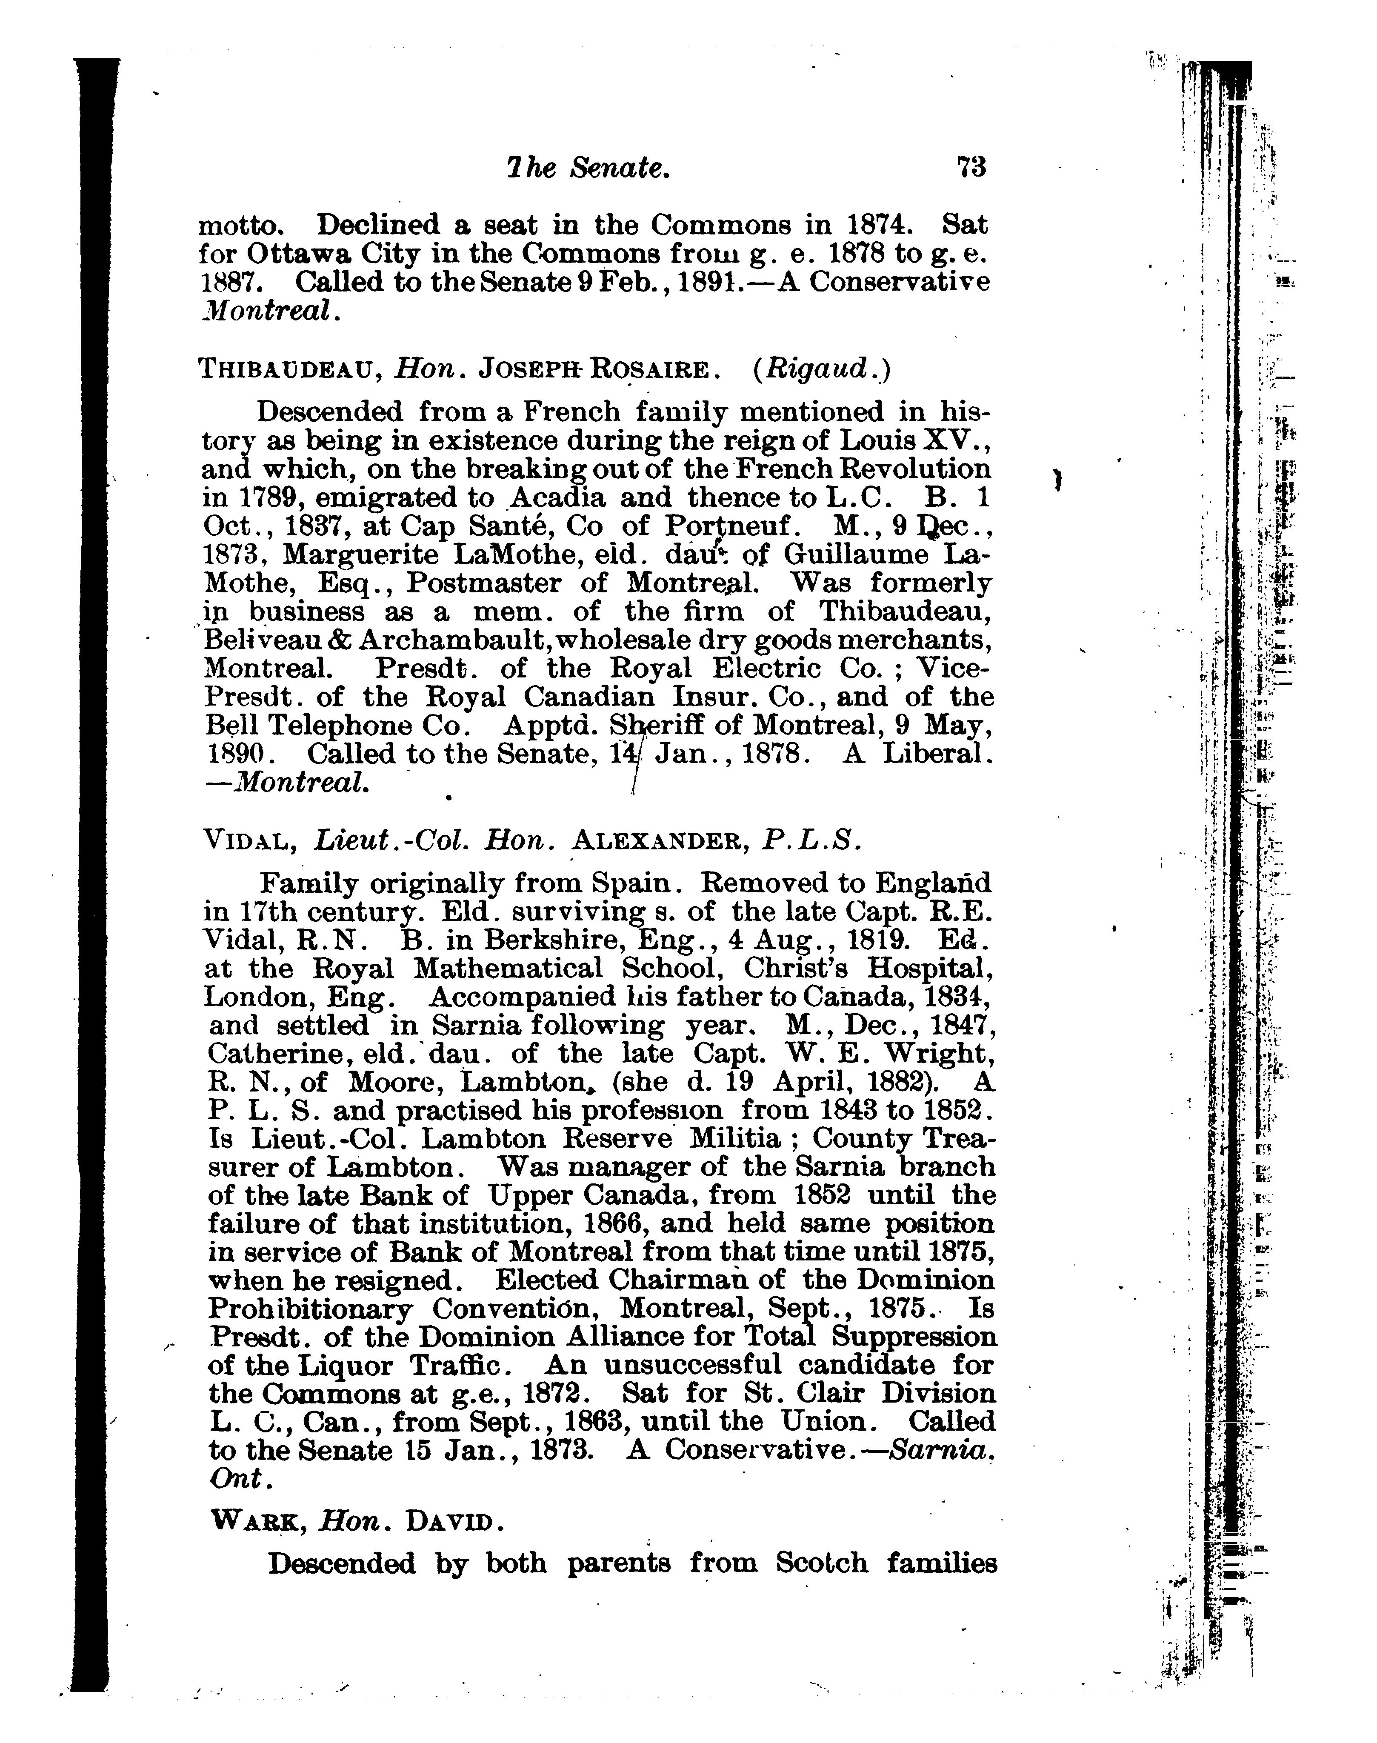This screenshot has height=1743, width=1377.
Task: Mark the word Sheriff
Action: (654, 726)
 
